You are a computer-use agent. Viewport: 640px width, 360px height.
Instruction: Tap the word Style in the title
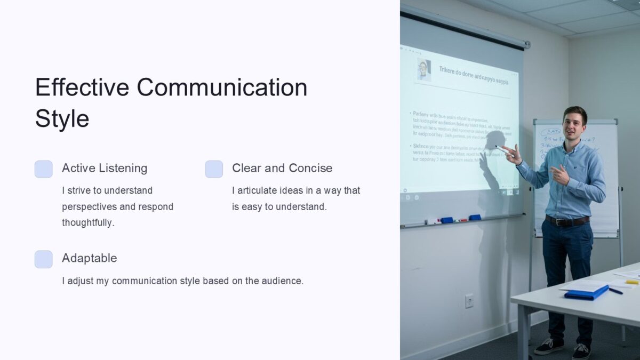pos(62,118)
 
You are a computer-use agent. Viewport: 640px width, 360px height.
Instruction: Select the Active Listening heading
pos(105,168)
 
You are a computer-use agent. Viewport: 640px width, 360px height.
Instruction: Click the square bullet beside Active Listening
pos(44,169)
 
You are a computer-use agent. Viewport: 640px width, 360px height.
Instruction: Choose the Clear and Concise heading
pos(282,168)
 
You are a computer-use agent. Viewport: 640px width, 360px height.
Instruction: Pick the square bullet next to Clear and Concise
pos(214,169)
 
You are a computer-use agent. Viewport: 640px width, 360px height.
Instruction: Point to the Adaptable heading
pos(89,258)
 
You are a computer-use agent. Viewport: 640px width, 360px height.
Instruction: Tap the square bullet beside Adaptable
pos(44,259)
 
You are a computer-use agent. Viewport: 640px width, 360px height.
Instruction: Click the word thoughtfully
pos(88,223)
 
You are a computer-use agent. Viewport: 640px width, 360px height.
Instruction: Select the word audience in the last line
pos(281,281)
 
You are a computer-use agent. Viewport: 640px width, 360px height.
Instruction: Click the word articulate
pos(261,190)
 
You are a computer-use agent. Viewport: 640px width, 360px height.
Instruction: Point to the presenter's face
pos(574,123)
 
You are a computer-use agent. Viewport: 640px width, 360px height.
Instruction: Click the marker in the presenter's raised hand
pos(502,150)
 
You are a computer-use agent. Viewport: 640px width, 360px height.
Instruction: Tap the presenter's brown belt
pos(566,220)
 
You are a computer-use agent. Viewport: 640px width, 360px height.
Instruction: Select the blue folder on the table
pos(586,292)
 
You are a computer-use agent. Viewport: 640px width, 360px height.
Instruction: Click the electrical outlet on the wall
pos(469,301)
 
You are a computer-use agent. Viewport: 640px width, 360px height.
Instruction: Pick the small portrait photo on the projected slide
pos(424,70)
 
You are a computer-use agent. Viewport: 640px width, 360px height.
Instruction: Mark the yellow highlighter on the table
pos(631,282)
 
